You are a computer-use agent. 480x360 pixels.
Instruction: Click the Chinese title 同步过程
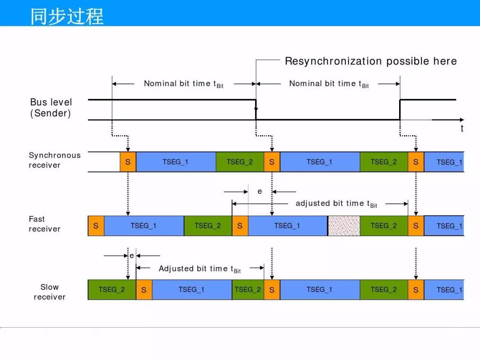pos(67,16)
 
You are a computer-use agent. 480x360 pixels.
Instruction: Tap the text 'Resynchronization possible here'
pos(371,61)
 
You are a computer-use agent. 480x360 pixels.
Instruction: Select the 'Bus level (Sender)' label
pos(51,108)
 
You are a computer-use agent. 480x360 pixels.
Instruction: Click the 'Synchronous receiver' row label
pos(55,160)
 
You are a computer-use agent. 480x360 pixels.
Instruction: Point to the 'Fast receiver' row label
pos(44,224)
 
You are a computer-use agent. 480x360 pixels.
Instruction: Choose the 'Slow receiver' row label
pos(50,292)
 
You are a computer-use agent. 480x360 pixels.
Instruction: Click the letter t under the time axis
pos(462,128)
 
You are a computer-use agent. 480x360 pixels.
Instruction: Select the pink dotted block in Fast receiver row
pos(344,226)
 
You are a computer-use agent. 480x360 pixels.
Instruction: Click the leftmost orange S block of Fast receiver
pos(96,226)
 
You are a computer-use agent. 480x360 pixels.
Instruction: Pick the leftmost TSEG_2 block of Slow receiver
pos(112,290)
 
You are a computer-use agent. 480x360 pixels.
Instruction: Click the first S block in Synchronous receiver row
pos(128,162)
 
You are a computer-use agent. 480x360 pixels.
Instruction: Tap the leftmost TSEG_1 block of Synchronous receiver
pos(176,162)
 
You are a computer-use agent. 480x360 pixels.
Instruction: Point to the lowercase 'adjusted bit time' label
pos(336,204)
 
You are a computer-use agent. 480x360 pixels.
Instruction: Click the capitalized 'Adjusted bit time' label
pos(200,269)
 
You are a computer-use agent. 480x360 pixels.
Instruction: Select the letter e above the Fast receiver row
pos(260,192)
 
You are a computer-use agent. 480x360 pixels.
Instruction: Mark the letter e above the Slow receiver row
pos(132,256)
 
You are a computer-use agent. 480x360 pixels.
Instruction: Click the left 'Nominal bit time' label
pos(184,84)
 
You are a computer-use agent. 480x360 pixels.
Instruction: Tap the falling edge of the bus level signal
pos(256,110)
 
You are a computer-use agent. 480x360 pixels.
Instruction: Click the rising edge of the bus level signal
pos(400,110)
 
